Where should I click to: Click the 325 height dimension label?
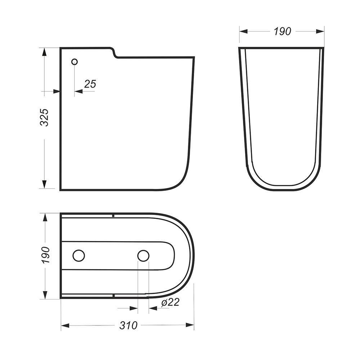pos(44,117)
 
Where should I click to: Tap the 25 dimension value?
pos(90,84)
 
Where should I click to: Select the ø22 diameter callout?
pos(170,302)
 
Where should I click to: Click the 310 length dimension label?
pos(129,325)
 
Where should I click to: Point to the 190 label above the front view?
pos(282,31)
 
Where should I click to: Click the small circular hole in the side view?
pos(75,62)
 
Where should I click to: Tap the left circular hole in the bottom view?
pos(78,256)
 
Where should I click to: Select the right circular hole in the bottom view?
pos(143,256)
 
